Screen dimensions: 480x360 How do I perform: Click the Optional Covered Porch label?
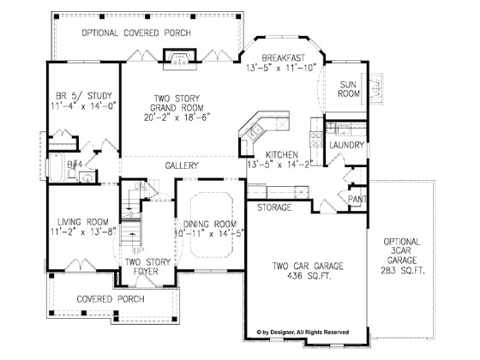pos(136,33)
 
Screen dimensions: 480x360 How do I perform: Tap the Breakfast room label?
pos(284,58)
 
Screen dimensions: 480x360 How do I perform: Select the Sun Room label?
pos(348,89)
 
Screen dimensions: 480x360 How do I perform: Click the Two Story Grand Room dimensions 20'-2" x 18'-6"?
pos(177,117)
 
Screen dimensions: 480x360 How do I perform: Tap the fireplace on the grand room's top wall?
pos(180,59)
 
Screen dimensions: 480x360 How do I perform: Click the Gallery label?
pos(182,165)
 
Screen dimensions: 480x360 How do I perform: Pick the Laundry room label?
pos(347,145)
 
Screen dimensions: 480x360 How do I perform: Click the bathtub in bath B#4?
pos(57,168)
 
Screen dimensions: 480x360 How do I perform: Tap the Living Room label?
pos(83,222)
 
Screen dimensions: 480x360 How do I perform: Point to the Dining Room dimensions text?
pos(210,233)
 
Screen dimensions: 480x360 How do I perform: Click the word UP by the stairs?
pos(138,250)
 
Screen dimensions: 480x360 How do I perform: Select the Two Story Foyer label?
pos(147,267)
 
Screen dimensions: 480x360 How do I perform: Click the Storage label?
pos(274,207)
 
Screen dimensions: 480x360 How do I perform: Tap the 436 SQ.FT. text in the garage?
pos(309,276)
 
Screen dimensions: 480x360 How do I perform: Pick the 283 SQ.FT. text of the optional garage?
pos(403,271)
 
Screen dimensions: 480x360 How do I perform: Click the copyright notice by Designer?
pos(303,333)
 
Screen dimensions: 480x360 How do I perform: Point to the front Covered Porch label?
pos(111,299)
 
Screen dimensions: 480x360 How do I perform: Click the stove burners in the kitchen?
pos(316,139)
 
